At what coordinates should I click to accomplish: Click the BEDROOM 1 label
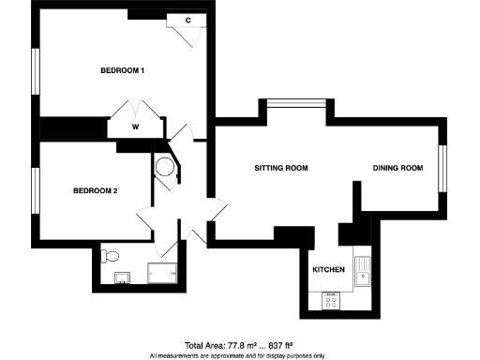(x=123, y=71)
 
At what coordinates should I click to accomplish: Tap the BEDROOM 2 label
(x=96, y=191)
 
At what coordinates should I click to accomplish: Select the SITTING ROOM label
(x=281, y=169)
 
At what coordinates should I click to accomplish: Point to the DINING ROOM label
(x=398, y=169)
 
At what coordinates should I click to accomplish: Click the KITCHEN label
(x=328, y=270)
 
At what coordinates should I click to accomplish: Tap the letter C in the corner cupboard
(x=188, y=20)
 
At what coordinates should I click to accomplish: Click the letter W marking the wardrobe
(x=136, y=126)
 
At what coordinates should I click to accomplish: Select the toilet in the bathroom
(x=112, y=255)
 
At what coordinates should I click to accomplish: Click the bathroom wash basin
(x=121, y=277)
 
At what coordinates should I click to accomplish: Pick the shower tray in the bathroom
(x=165, y=274)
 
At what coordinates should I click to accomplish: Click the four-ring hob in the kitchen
(x=332, y=302)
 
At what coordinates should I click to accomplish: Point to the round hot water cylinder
(x=166, y=170)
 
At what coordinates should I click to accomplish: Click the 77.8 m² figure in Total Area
(x=235, y=346)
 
